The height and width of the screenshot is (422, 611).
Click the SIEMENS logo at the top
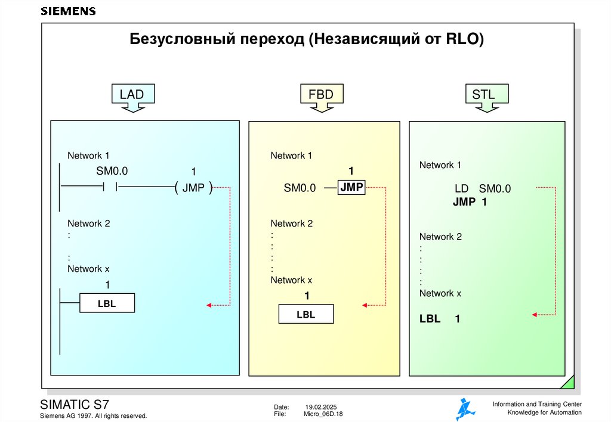67,11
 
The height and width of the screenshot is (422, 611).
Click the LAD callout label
132,94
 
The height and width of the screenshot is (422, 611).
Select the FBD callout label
320,94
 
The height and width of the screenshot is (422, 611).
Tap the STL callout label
483,94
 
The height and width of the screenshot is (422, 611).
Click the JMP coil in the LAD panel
194,188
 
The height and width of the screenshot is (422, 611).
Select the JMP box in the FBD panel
351,187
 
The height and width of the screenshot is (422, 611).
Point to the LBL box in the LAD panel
107,304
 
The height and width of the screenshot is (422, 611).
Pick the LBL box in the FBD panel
305,314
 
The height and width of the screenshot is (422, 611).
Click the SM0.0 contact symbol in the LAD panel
111,187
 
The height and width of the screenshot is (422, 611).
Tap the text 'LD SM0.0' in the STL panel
483,189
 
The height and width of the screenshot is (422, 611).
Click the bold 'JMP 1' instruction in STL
470,202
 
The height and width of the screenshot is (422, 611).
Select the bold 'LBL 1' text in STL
440,319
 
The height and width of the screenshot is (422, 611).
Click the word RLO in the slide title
465,40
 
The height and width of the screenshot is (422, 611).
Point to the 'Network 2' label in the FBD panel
292,224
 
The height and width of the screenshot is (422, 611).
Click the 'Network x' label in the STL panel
440,293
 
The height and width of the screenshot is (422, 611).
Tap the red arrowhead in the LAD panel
209,305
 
